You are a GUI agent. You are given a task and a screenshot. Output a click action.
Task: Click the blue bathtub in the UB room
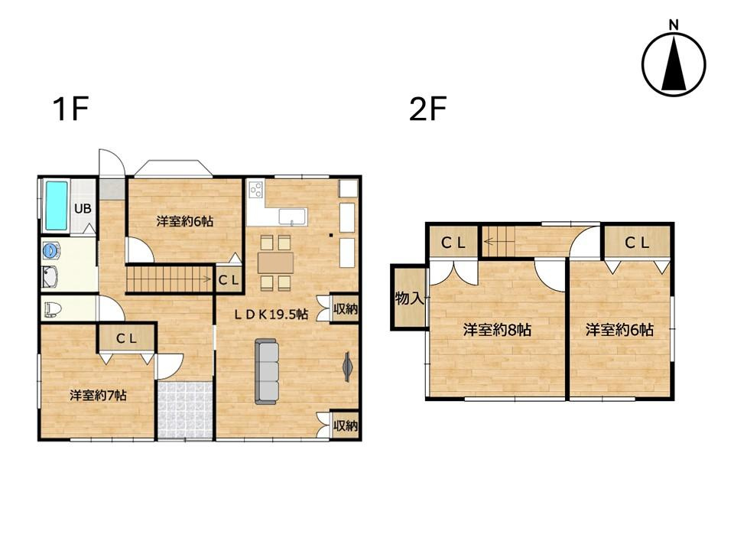pos(56,206)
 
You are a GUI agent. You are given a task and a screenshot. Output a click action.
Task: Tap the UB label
pos(83,208)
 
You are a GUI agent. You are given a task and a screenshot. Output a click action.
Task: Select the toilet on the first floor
pos(54,309)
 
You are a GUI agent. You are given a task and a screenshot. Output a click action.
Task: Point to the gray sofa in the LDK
pos(267,372)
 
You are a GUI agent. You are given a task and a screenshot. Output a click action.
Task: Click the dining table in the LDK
pos(276,262)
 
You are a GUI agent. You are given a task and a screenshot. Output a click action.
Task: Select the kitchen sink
pos(292,217)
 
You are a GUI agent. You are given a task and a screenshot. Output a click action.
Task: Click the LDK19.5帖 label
pos(271,314)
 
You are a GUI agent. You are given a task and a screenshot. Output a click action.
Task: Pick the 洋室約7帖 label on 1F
pos(99,396)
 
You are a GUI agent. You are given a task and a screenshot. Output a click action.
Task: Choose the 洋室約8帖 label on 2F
pos(497,330)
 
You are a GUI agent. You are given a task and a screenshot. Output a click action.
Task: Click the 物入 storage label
pos(410,298)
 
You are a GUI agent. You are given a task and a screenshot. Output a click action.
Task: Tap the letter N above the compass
pos(674,24)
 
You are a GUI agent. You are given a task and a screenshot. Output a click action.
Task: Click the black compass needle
pos(674,64)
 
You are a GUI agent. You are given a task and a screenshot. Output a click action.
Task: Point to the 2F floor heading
pos(428,109)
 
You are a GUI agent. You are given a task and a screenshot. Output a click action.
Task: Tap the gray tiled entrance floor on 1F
pos(185,410)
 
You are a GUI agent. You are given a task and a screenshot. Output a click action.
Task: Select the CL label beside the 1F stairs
pos(229,281)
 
